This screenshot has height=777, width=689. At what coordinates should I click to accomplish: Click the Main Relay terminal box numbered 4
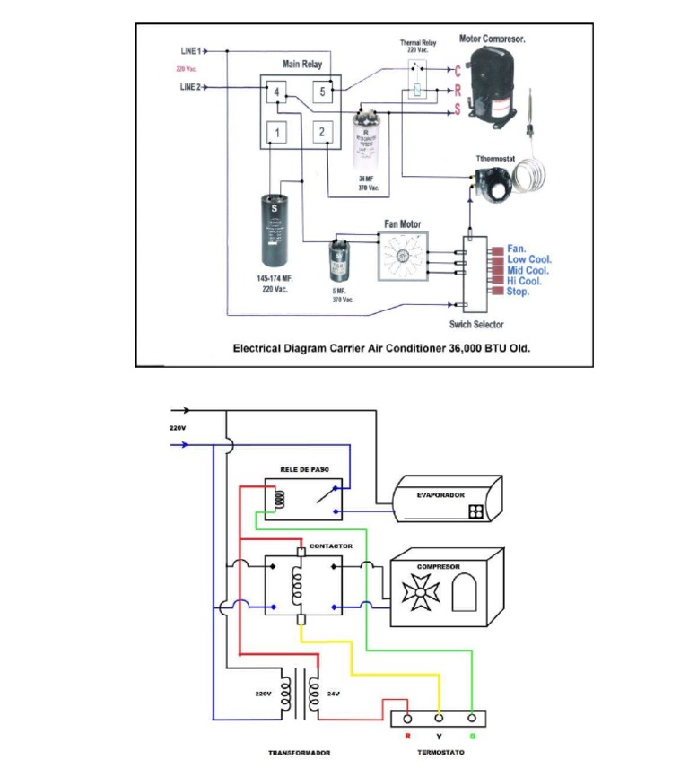click(278, 92)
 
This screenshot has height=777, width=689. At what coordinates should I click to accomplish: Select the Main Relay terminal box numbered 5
click(321, 92)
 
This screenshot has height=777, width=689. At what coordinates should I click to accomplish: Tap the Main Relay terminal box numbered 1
click(278, 134)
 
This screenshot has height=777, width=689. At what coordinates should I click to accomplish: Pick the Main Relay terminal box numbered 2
click(321, 133)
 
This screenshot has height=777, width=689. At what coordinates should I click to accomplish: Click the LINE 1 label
click(191, 52)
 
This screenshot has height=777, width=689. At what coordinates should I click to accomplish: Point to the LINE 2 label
click(191, 88)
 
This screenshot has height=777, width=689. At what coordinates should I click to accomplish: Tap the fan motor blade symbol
click(403, 258)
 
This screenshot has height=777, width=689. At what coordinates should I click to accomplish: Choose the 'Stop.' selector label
click(519, 292)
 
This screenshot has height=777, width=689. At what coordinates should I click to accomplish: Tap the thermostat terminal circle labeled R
click(407, 719)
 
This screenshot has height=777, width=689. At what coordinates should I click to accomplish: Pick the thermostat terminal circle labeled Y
click(440, 719)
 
